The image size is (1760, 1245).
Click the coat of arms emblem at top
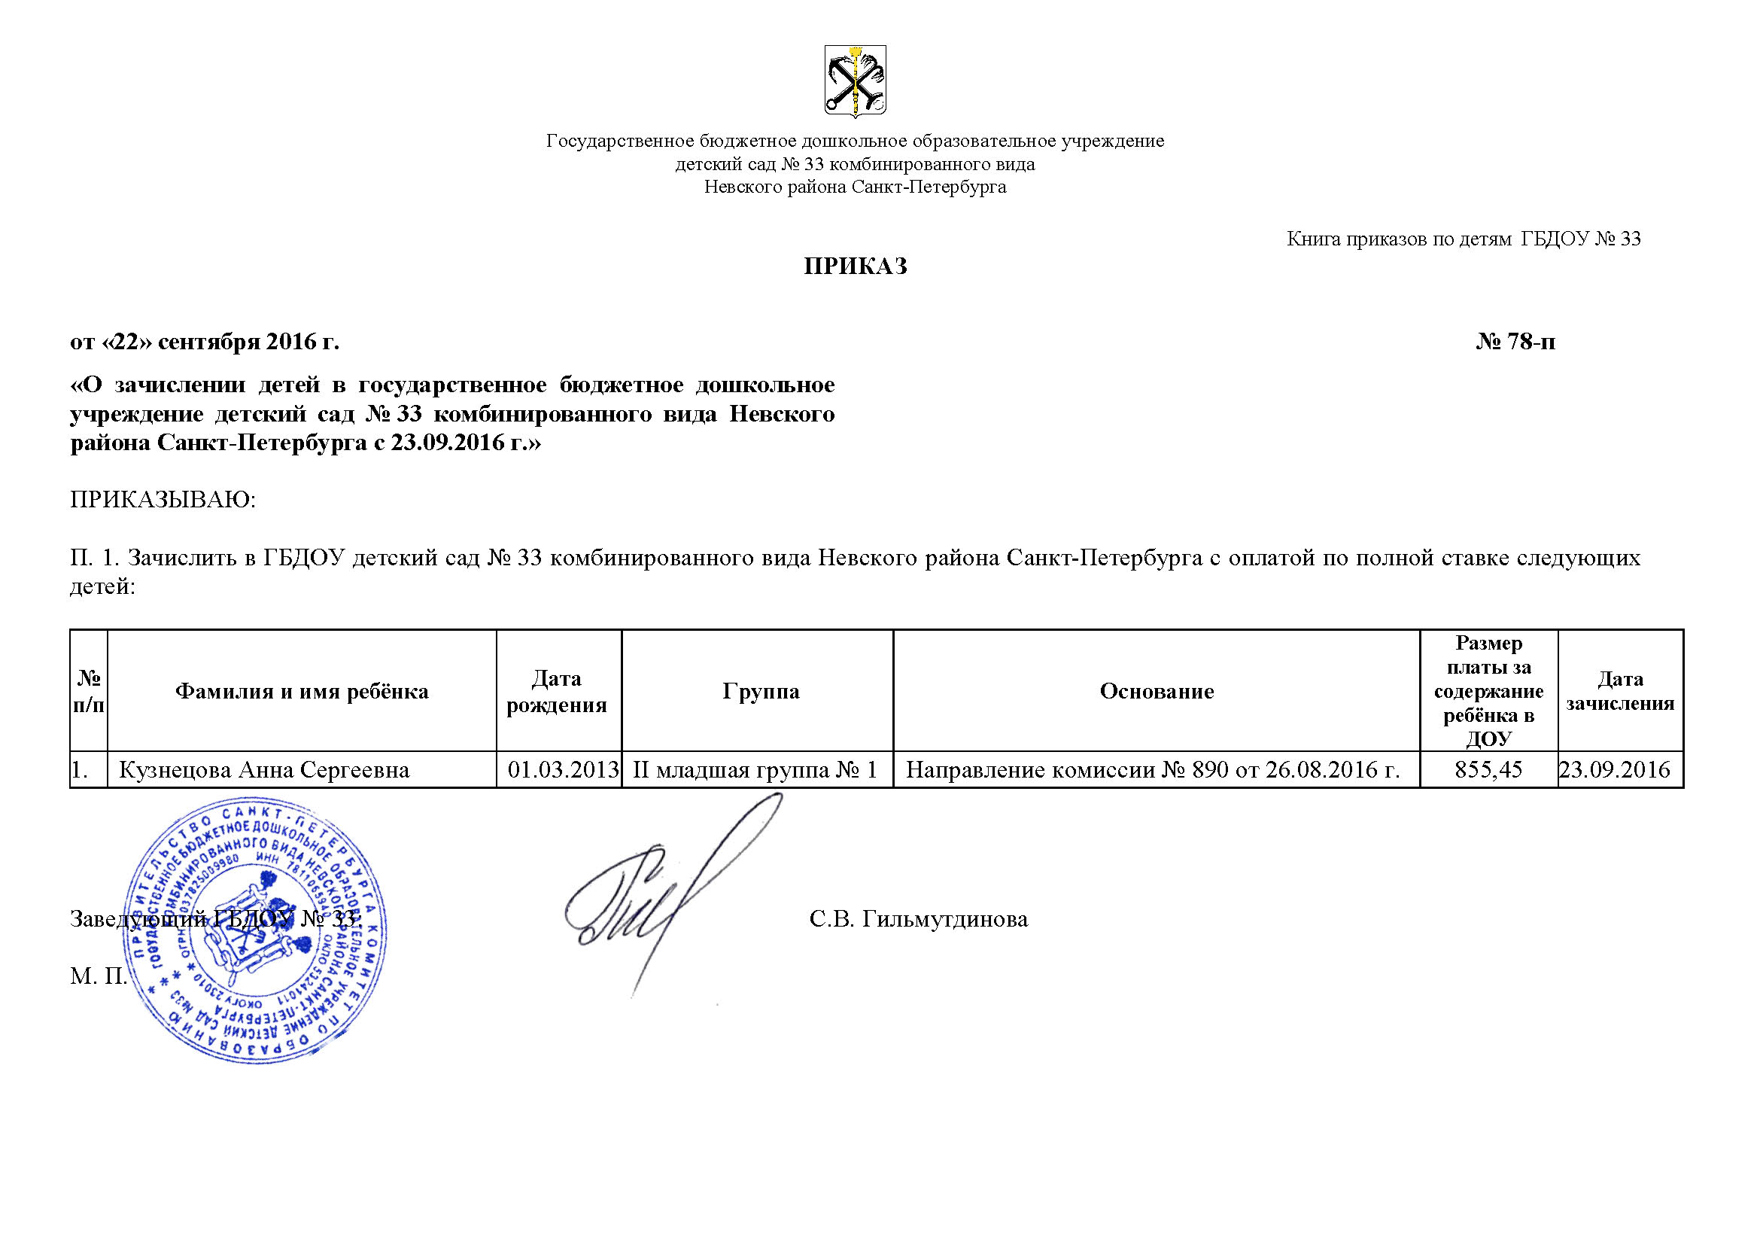(x=855, y=81)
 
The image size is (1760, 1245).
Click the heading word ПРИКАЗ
(x=855, y=266)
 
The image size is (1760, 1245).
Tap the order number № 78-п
(x=1515, y=341)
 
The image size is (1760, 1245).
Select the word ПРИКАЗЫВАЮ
(x=163, y=500)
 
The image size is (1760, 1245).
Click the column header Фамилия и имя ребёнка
(x=302, y=692)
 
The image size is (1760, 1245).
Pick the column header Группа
(x=761, y=692)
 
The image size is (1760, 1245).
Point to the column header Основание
(x=1157, y=692)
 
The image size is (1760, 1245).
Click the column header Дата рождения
(x=557, y=692)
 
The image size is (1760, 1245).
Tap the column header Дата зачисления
(x=1620, y=692)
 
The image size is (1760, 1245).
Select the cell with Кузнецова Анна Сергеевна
(x=263, y=770)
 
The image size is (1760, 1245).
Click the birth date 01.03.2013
(x=564, y=770)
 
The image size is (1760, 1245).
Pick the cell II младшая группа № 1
(x=755, y=770)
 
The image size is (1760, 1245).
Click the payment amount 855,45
(x=1488, y=770)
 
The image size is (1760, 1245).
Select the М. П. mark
(x=98, y=976)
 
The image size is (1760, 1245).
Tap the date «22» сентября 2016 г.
(x=205, y=341)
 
